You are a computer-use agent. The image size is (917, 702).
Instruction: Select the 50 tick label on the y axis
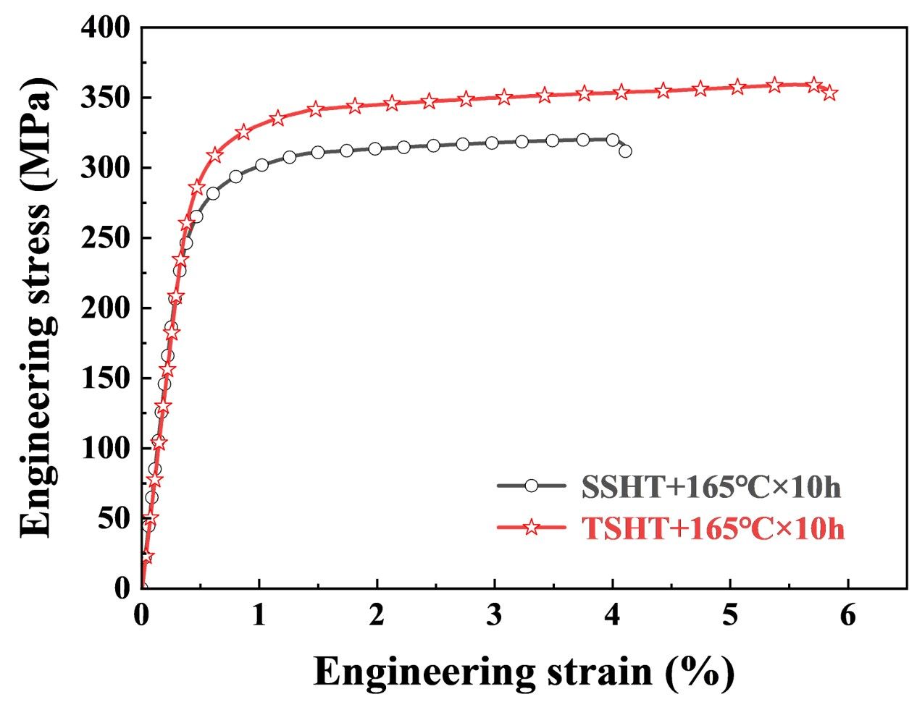[116, 519]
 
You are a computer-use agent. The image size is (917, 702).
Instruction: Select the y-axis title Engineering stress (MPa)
[36, 307]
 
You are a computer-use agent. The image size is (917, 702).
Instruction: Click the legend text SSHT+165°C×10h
[711, 487]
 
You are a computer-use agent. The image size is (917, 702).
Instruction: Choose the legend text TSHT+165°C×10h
[713, 528]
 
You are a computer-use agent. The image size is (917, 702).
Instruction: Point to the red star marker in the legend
[531, 528]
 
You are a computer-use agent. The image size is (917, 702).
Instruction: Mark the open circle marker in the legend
[531, 486]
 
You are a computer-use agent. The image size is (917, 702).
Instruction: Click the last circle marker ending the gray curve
[625, 151]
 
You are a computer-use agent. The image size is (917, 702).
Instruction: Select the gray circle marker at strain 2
[374, 149]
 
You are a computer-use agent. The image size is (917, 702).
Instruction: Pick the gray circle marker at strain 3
[492, 143]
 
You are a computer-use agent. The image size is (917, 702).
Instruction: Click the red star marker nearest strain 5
[737, 87]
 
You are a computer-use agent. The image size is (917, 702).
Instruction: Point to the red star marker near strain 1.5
[315, 109]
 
